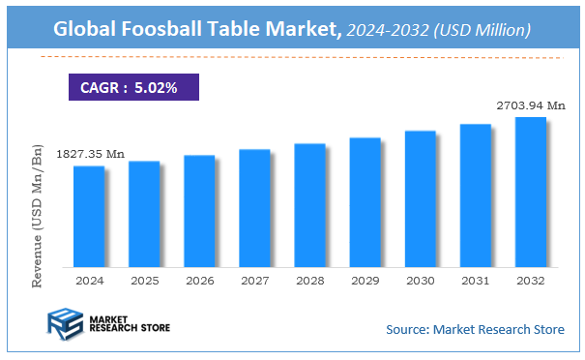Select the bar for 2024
click(89, 216)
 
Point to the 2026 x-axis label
click(199, 280)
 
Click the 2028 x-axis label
click(309, 280)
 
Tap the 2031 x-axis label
click(475, 280)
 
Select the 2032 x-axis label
click(530, 280)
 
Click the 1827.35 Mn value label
click(91, 154)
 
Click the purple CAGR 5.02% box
click(133, 87)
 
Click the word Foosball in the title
click(169, 31)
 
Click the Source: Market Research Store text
click(474, 330)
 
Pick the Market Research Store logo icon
click(65, 323)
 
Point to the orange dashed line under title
click(300, 58)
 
